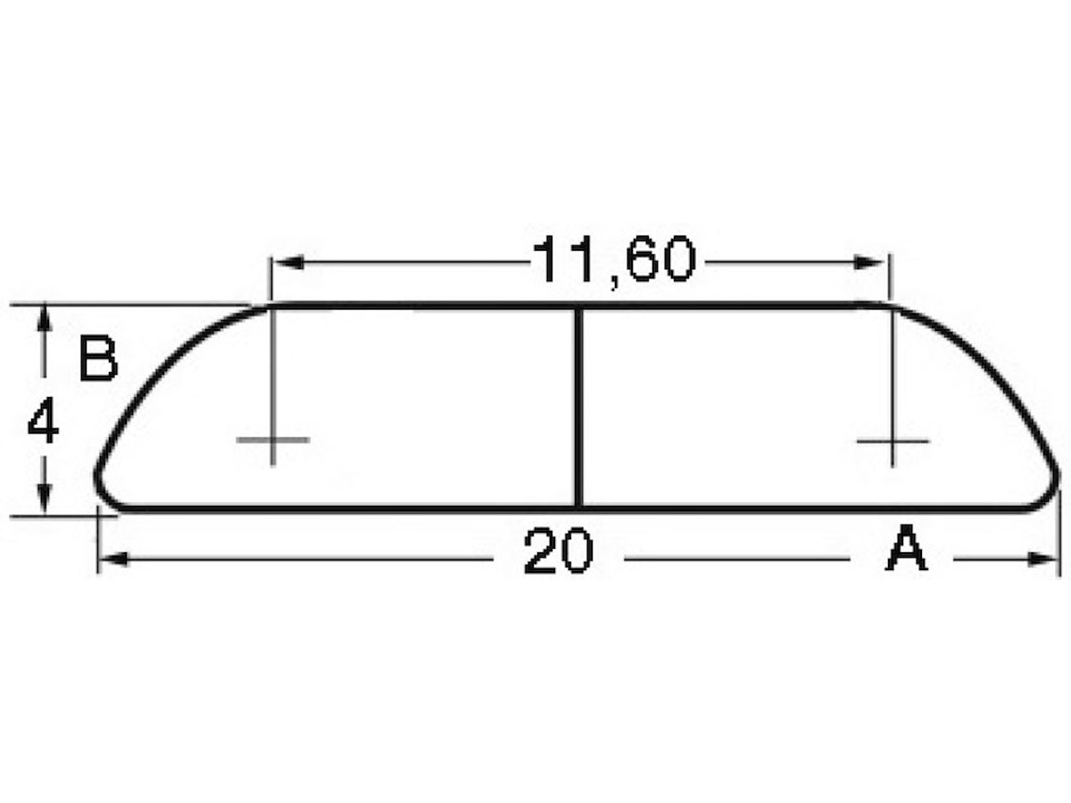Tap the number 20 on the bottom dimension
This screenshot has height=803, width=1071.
pyautogui.click(x=558, y=551)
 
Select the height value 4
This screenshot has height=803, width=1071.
pyautogui.click(x=43, y=419)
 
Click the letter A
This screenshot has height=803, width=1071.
pyautogui.click(x=907, y=548)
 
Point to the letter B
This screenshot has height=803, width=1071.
pyautogui.click(x=98, y=358)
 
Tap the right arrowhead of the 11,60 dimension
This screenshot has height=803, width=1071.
pyautogui.click(x=868, y=263)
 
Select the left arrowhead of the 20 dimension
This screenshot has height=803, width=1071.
pyautogui.click(x=114, y=559)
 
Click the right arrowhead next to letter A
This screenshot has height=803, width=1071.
pyautogui.click(x=1042, y=559)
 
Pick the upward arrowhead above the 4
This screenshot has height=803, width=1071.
pyautogui.click(x=44, y=319)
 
